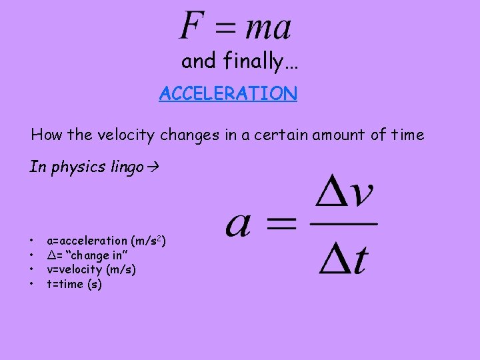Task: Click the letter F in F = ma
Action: [191, 27]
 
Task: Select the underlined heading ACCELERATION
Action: [228, 94]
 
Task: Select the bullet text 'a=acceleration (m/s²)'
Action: [106, 241]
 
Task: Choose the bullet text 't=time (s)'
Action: [74, 285]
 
